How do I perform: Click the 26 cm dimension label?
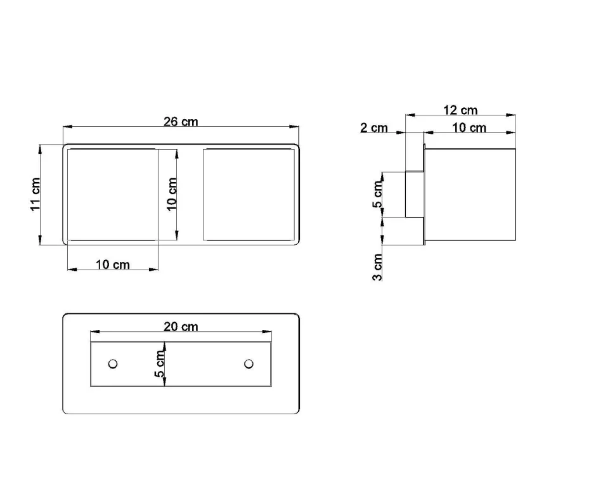click(181, 122)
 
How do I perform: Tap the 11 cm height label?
click(36, 194)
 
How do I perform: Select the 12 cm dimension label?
click(460, 110)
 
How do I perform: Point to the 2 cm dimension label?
click(374, 127)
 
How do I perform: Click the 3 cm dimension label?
click(377, 268)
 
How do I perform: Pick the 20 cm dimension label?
click(181, 327)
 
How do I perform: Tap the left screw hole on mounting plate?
click(113, 364)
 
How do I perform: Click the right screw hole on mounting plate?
click(249, 364)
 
